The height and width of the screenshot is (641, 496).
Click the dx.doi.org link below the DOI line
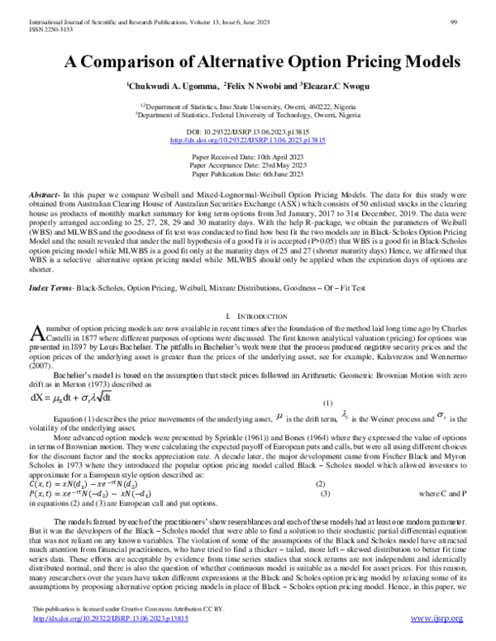247,141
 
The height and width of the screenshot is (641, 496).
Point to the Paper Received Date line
247,156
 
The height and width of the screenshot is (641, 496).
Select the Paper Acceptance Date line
247,165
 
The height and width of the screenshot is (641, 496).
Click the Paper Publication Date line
247,174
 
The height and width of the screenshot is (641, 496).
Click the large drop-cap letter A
36,333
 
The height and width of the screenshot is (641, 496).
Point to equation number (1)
327,403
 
